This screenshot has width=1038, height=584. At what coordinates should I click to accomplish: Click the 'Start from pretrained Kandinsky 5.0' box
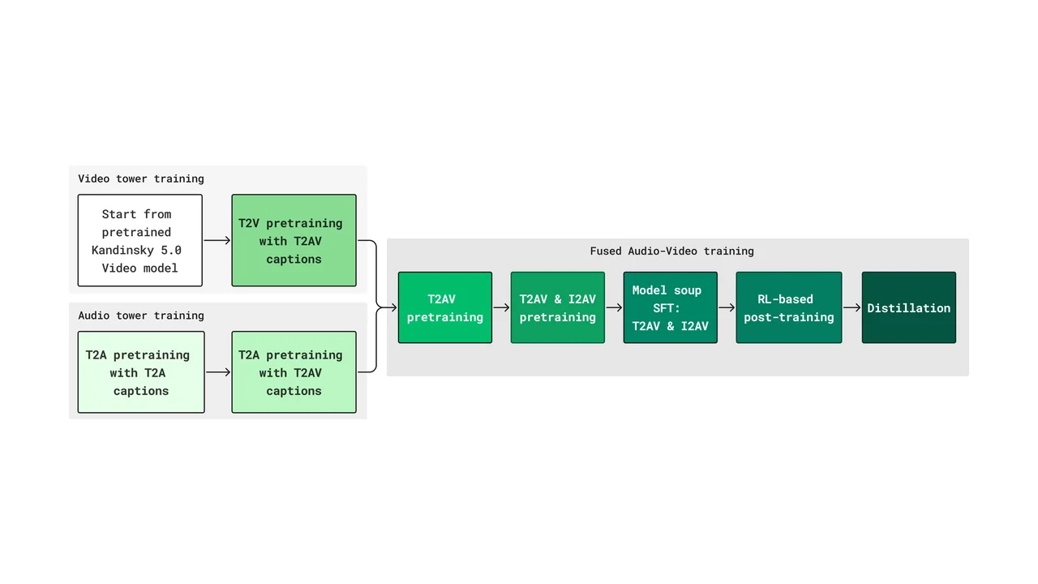(x=140, y=240)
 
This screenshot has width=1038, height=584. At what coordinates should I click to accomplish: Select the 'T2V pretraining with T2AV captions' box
(x=294, y=240)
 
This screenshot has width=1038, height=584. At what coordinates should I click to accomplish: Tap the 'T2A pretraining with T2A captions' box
(x=141, y=371)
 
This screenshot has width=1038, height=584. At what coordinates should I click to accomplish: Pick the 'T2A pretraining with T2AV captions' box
(x=294, y=371)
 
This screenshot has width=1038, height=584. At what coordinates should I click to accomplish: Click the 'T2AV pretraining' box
(x=445, y=307)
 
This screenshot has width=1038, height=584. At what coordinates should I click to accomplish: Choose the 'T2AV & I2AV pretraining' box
(x=557, y=307)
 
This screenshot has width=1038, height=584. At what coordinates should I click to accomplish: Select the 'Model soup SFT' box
(x=670, y=307)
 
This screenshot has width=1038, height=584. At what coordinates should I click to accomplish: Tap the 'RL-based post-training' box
(x=789, y=307)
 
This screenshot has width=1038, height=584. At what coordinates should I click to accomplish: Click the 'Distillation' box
(x=909, y=307)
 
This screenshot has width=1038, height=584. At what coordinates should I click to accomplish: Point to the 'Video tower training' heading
(x=141, y=178)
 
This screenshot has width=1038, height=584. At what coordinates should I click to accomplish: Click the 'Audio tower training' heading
(x=141, y=316)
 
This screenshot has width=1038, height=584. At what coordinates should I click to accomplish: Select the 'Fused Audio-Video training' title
(x=671, y=251)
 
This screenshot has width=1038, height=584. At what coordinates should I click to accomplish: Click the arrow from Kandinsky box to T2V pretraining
(x=217, y=240)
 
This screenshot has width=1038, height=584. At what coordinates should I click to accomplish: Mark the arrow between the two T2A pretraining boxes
(x=218, y=372)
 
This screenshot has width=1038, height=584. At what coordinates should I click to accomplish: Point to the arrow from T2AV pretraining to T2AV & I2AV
(x=501, y=307)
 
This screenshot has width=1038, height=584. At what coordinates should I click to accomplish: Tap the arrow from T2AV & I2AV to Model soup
(x=614, y=307)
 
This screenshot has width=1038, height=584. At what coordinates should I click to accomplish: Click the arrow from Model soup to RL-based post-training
(x=727, y=307)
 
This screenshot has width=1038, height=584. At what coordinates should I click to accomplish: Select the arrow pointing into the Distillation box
(x=852, y=307)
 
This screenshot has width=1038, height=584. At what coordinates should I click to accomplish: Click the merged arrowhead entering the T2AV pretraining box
(x=393, y=307)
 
